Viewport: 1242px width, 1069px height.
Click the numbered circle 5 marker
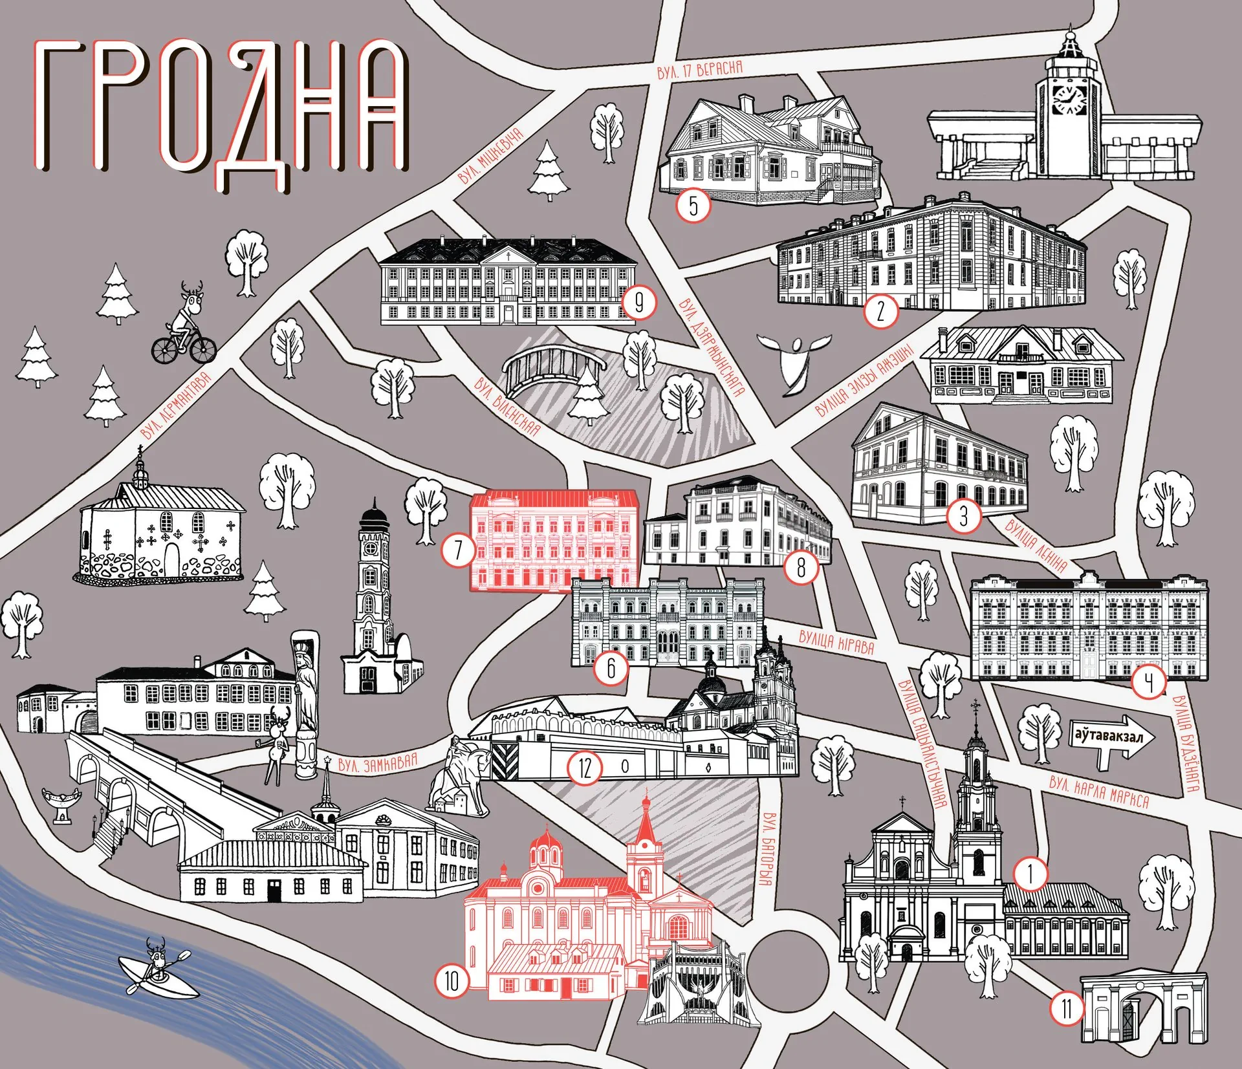[x=693, y=206]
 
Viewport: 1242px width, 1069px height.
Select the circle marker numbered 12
[x=585, y=768]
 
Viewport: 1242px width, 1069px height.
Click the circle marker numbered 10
[x=451, y=981]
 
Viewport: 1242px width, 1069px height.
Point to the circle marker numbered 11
[x=1066, y=1008]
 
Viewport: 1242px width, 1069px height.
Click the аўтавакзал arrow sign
[x=1111, y=737]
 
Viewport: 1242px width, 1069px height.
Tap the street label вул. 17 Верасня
[x=699, y=69]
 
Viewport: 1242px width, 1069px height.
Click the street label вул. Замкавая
[x=378, y=764]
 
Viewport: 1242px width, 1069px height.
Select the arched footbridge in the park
[x=554, y=370]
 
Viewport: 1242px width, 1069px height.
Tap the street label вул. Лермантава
[x=176, y=405]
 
